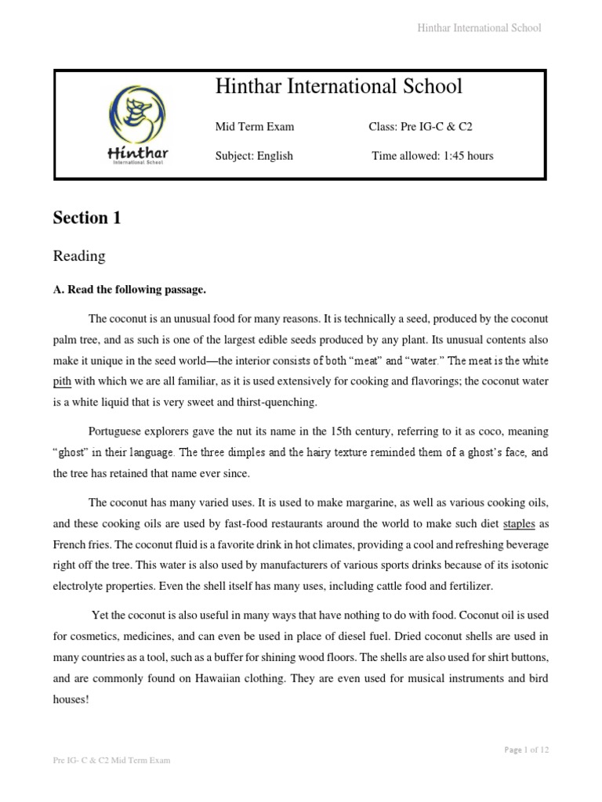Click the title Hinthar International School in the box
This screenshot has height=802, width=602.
[x=339, y=87]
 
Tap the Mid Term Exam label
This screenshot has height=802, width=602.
[x=255, y=126]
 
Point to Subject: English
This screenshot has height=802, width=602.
[x=254, y=156]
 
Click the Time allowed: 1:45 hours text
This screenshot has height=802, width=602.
[x=433, y=156]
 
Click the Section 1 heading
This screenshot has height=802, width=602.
[x=87, y=219]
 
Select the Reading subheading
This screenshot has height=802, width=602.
[x=78, y=256]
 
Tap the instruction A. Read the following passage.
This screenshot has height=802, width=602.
[x=129, y=290]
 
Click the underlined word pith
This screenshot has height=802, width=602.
[x=63, y=381]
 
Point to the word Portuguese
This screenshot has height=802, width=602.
[x=117, y=432]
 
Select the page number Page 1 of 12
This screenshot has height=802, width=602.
[x=526, y=750]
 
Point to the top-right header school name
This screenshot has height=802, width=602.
[x=478, y=28]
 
